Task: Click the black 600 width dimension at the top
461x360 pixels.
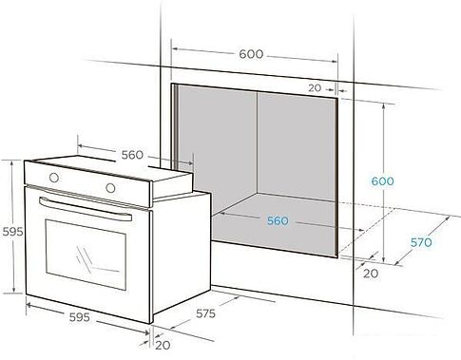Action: tap(250, 54)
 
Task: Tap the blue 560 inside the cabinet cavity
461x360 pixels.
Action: tap(277, 221)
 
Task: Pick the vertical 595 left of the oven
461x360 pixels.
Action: tap(11, 230)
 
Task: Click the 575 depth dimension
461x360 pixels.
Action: tap(206, 313)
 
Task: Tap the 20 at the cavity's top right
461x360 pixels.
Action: tap(316, 87)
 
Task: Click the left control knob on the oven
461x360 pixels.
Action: tap(53, 178)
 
